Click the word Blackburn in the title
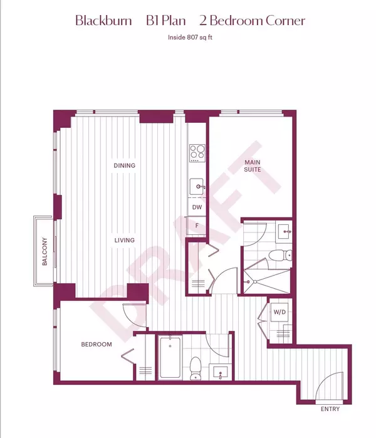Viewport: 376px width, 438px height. (x=103, y=21)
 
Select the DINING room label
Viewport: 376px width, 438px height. (x=124, y=165)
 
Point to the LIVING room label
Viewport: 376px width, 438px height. (x=124, y=240)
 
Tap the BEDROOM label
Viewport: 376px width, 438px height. (x=97, y=345)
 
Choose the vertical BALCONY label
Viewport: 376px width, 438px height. (x=45, y=251)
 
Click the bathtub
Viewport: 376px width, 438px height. (x=170, y=358)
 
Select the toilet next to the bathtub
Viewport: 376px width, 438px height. (x=196, y=367)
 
